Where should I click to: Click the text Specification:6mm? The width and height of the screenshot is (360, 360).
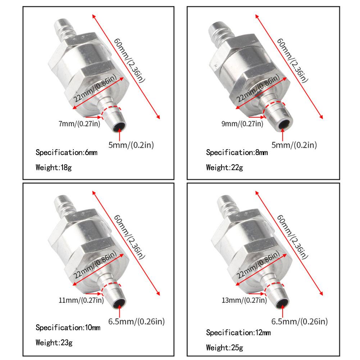point(67,152)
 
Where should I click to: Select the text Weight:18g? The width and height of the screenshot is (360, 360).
point(54,167)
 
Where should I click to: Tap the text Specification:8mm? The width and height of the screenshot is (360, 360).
point(237,152)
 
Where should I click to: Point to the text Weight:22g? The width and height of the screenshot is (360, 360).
point(224,167)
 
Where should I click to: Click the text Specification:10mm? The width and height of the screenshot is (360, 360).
point(68,328)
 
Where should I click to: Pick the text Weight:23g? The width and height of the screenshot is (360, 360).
point(54,343)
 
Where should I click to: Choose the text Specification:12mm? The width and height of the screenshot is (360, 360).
point(238,333)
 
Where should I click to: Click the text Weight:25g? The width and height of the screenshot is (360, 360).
point(224,348)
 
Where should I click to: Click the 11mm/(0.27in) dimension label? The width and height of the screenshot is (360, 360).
point(81,300)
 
